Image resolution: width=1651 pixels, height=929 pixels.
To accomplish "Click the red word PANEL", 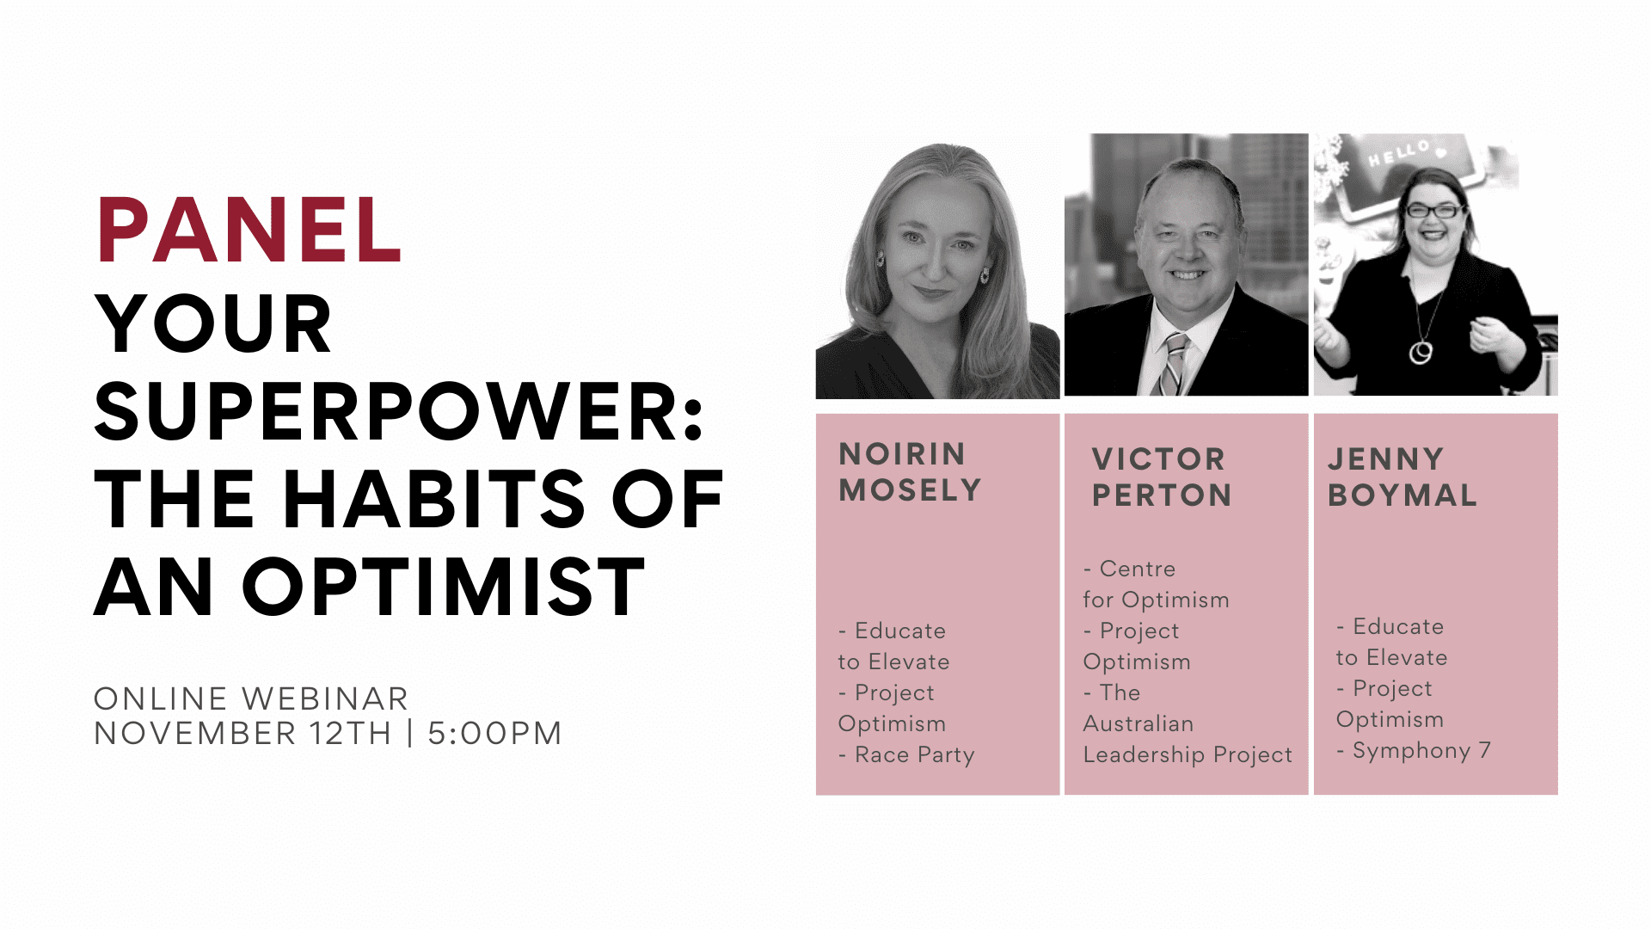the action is pyautogui.click(x=249, y=230).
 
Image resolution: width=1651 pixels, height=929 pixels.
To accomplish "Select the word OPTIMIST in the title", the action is pyautogui.click(x=444, y=588).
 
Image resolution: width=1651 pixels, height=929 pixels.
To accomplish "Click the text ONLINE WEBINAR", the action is pyautogui.click(x=251, y=698).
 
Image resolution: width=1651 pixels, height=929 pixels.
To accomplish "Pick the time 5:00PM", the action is pyautogui.click(x=494, y=734).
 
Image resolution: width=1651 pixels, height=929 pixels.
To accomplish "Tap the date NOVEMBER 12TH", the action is pyautogui.click(x=242, y=734).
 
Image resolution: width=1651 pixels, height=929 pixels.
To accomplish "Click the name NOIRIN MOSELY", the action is pyautogui.click(x=910, y=471).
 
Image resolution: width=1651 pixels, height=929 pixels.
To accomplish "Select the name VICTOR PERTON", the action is pyautogui.click(x=1161, y=477).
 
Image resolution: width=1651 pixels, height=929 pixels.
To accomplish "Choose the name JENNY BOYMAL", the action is pyautogui.click(x=1402, y=477).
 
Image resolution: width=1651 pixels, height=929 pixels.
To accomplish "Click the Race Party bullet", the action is pyautogui.click(x=906, y=755).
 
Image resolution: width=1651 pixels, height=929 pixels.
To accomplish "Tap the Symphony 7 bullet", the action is pyautogui.click(x=1414, y=751).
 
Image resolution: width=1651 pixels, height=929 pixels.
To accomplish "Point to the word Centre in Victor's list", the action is pyautogui.click(x=1138, y=569).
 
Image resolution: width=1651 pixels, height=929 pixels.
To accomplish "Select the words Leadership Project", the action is pyautogui.click(x=1188, y=755).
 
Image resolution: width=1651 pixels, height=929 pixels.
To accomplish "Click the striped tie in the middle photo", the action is pyautogui.click(x=1172, y=364).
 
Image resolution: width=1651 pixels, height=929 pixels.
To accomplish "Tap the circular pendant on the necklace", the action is pyautogui.click(x=1421, y=352).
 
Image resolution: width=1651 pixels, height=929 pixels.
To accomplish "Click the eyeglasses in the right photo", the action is pyautogui.click(x=1433, y=210).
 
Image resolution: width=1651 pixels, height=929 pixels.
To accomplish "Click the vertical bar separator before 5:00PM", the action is pyautogui.click(x=410, y=733).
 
